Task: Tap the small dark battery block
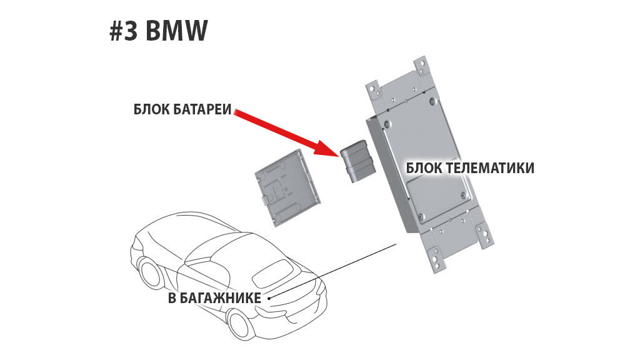356,162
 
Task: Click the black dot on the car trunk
269,298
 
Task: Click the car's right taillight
319,288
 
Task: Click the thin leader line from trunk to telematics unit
337,269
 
